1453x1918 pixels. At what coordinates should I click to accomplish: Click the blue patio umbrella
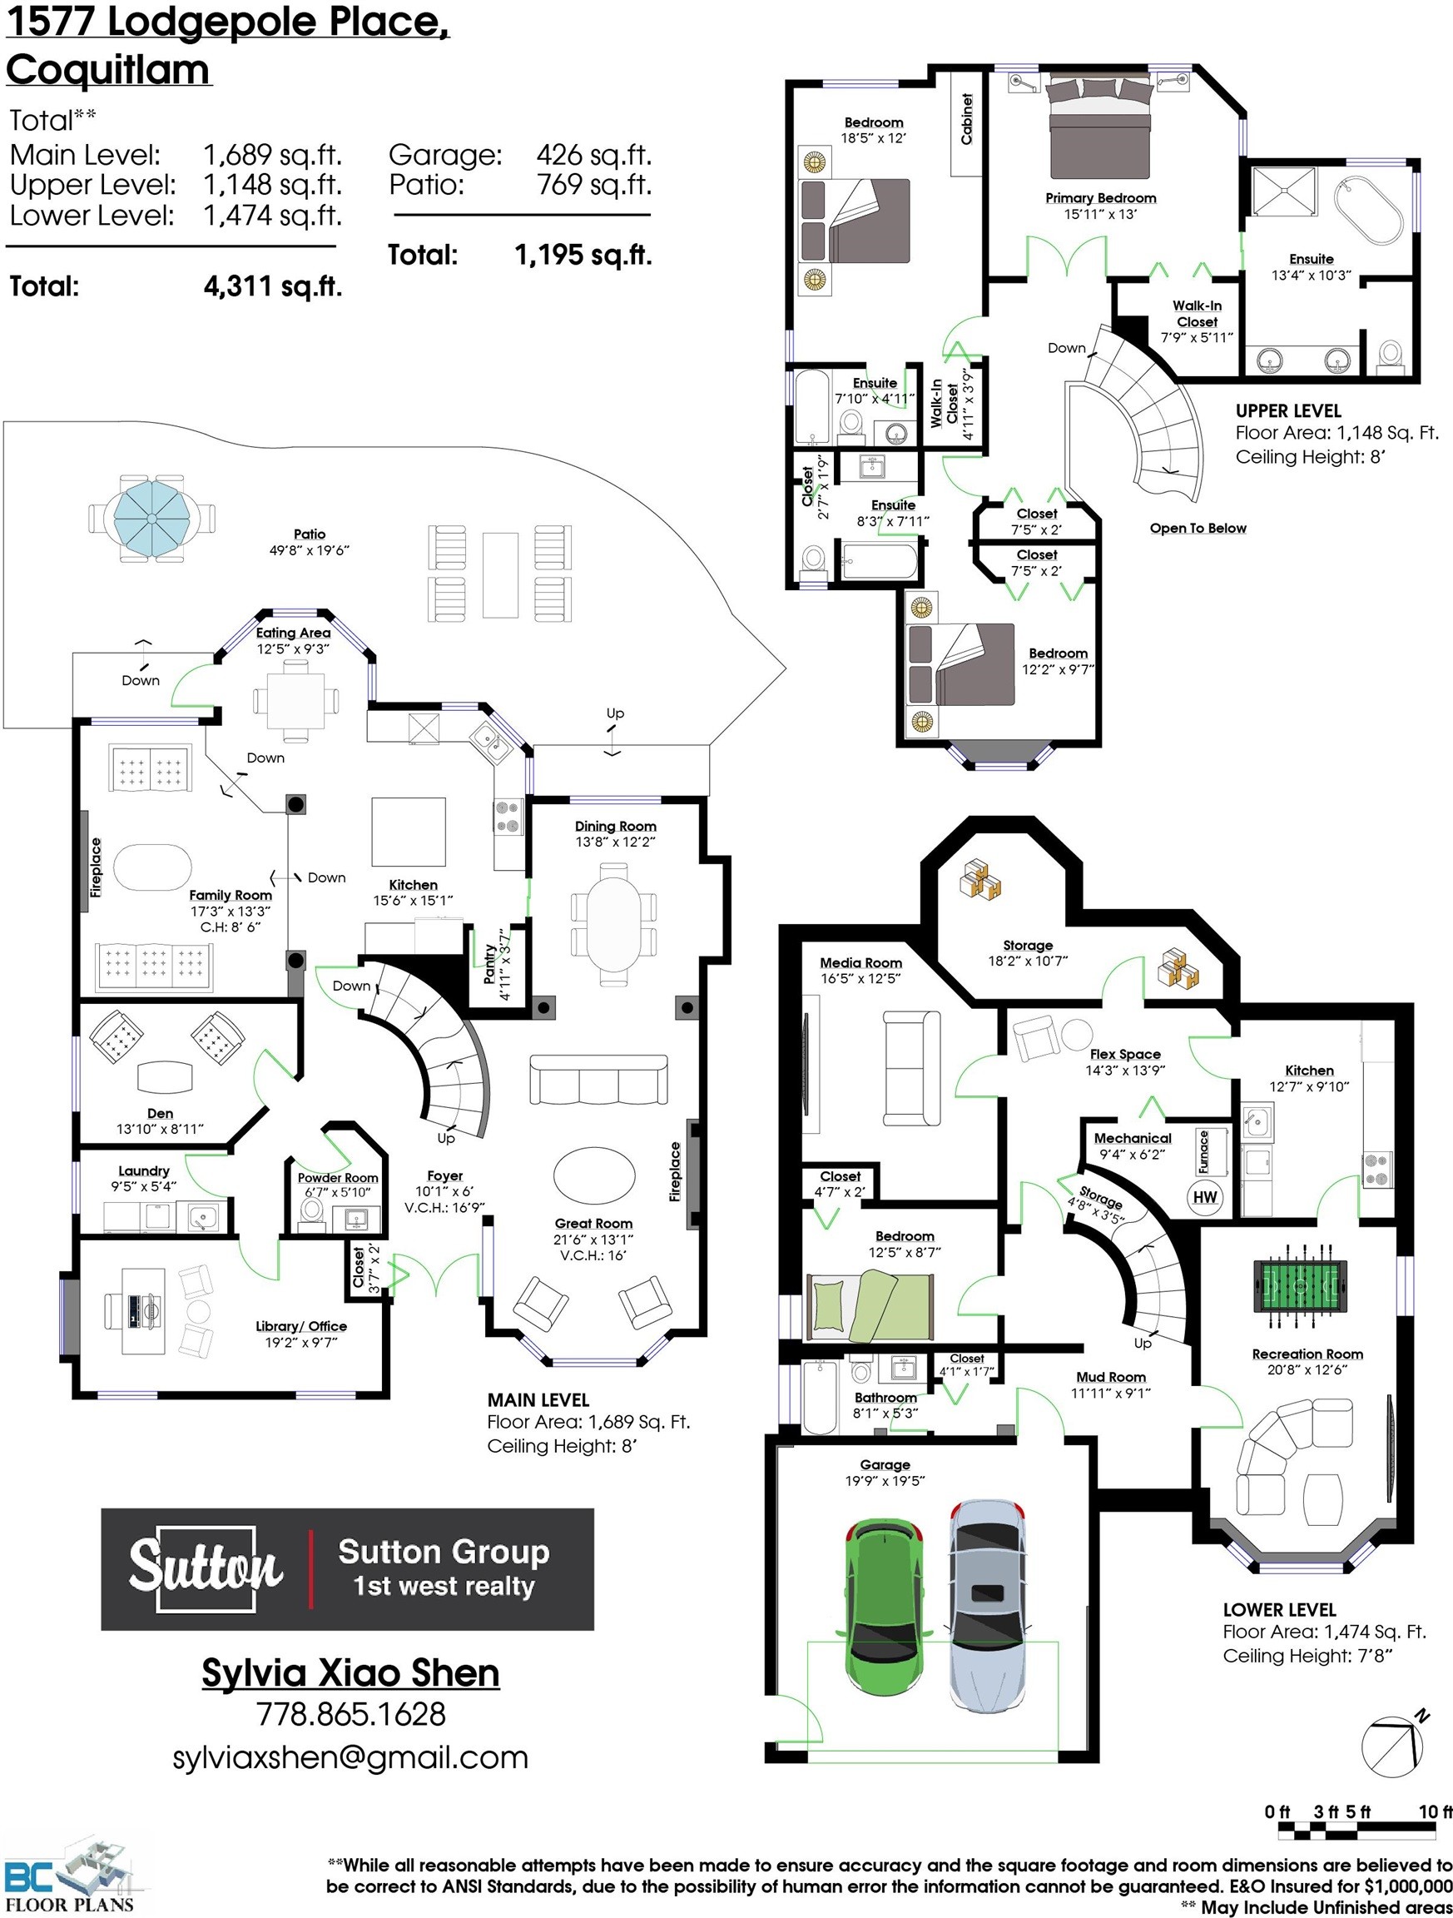[151, 519]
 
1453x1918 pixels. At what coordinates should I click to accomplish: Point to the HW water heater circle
[1204, 1196]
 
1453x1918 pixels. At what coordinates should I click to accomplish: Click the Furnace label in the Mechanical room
[1203, 1152]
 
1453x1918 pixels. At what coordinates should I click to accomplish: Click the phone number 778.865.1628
[351, 1714]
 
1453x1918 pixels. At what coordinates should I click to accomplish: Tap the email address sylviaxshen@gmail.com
[350, 1757]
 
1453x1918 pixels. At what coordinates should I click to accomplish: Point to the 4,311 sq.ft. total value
[273, 286]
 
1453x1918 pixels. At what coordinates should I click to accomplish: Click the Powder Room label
[337, 1177]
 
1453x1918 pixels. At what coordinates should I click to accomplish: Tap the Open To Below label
[1198, 528]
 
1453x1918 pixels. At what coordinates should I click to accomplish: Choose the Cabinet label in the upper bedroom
[967, 118]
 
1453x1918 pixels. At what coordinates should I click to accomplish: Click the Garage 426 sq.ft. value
[594, 155]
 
